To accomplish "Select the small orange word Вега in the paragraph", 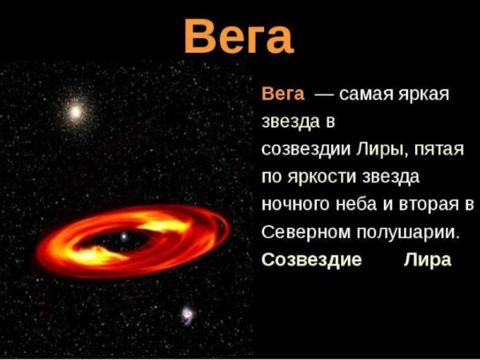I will pos(283,95).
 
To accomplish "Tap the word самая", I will pos(365,95).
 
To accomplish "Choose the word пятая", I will pos(434,150).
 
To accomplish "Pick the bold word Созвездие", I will pos(312,259).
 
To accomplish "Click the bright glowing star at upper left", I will pos(76,111).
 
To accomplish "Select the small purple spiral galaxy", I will pos(187,314).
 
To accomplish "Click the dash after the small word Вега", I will pos(324,95).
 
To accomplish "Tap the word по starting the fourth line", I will pos(272,177).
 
